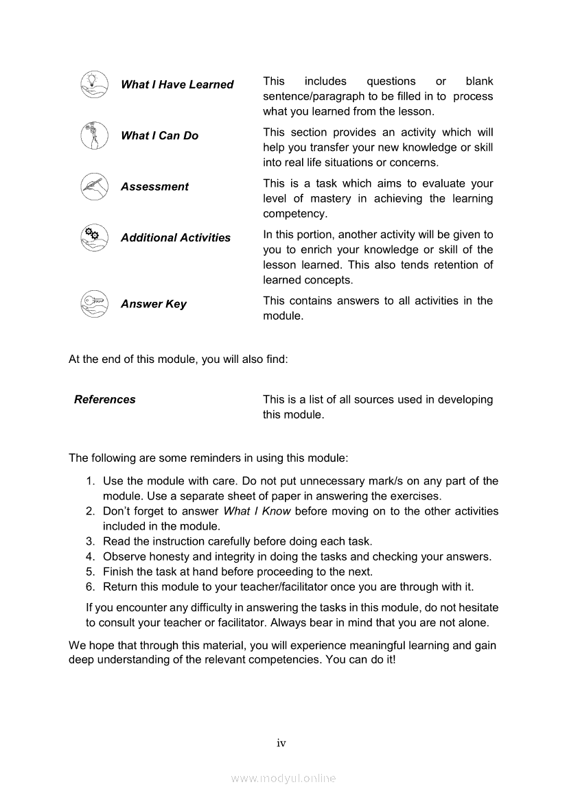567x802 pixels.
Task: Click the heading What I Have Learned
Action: coord(177,84)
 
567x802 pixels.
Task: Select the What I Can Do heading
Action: coord(159,136)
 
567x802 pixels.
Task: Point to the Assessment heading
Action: coord(154,187)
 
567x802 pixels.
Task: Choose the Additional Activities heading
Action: coord(176,237)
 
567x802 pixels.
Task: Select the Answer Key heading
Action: coord(154,304)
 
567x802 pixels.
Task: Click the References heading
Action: coord(105,399)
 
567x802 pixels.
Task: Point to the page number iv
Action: coord(281,743)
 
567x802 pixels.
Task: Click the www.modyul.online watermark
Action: coord(283,779)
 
